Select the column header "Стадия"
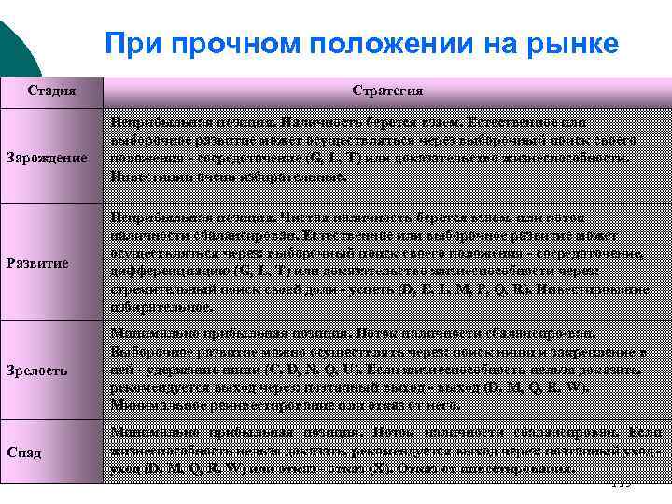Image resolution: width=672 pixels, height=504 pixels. tap(51, 91)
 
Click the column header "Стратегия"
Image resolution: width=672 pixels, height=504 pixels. tap(387, 91)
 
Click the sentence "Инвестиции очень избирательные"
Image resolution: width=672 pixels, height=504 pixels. tap(228, 175)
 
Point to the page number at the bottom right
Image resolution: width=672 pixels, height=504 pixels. tap(620, 485)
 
